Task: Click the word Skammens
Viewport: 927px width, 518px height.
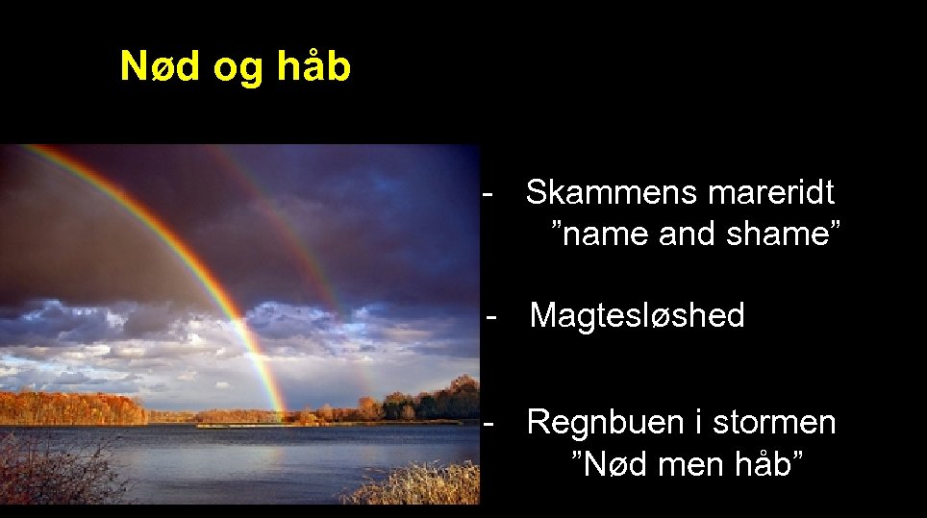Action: click(x=612, y=192)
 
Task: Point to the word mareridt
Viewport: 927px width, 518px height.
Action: click(x=770, y=192)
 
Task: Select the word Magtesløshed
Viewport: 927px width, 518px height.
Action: click(x=637, y=315)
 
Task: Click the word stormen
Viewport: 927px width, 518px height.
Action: click(x=775, y=423)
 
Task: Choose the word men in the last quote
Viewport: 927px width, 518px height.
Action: click(x=680, y=464)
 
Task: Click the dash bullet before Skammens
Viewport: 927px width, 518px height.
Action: click(x=489, y=192)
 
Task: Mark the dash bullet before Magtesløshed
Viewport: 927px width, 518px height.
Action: click(x=492, y=315)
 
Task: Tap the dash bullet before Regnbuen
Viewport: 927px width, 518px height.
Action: click(x=489, y=423)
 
